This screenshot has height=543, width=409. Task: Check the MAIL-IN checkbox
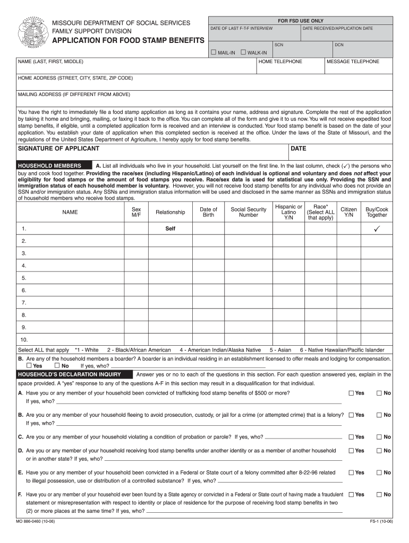214,52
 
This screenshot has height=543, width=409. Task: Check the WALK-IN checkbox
243,52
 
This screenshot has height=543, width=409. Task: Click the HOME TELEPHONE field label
280,62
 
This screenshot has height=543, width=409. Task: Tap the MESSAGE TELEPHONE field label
353,62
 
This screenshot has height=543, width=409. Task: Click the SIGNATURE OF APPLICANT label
58,148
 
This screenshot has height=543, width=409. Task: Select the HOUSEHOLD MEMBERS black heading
49,165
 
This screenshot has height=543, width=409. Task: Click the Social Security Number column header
248,212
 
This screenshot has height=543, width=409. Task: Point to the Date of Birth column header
208,212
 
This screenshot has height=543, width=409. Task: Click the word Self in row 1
170,229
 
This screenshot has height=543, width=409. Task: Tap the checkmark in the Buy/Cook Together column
377,229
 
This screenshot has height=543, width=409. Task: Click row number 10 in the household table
24,339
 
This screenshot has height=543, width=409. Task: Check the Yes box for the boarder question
29,365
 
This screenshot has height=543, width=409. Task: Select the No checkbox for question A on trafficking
379,393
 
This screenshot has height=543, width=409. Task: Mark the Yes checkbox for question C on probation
351,437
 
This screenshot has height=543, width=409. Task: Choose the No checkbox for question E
379,472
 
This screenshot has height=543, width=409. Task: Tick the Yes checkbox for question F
351,494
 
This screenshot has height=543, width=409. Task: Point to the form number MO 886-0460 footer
36,521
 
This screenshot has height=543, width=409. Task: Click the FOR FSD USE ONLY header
301,21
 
